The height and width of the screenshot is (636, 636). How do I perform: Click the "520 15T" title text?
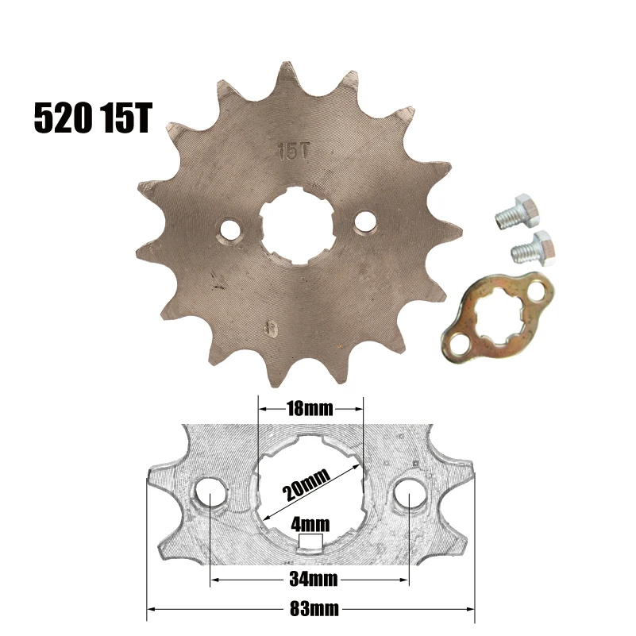[93, 118]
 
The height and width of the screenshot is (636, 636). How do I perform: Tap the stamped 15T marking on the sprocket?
[293, 151]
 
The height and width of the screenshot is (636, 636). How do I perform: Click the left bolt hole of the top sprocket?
[229, 229]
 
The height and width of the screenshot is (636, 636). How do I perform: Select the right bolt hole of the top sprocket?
[365, 220]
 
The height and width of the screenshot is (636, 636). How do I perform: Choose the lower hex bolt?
[533, 249]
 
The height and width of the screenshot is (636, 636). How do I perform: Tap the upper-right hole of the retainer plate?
[537, 291]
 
